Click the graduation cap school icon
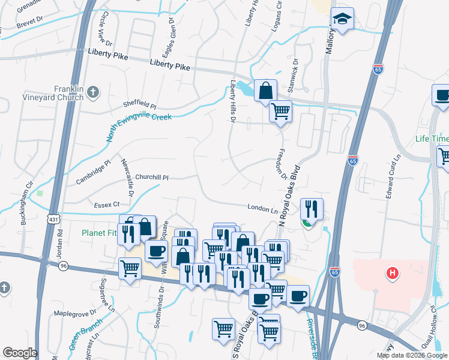(342, 20)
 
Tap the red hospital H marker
(393, 274)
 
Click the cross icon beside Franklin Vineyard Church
(92, 92)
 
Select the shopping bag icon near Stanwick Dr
(265, 91)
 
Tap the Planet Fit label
(100, 233)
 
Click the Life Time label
(432, 139)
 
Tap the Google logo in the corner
(20, 353)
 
